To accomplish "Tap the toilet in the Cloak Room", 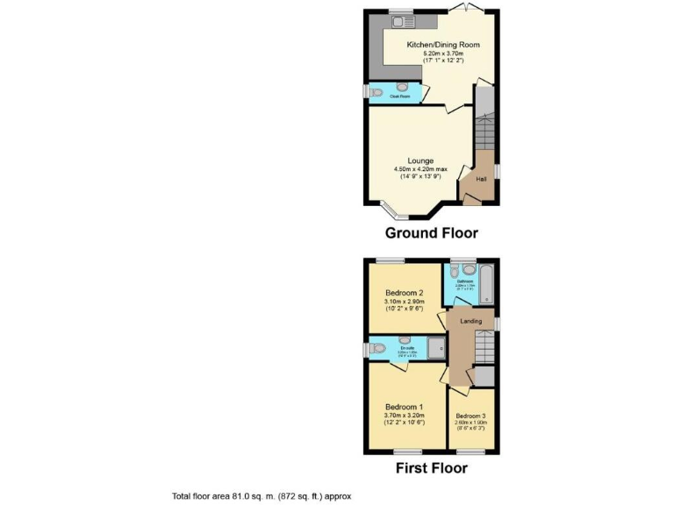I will (x=375, y=91).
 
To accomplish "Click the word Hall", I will (x=481, y=180).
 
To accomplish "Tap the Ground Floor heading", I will (x=432, y=233).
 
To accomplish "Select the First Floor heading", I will (x=432, y=467).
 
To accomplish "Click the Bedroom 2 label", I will (x=405, y=293).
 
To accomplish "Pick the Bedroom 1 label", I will (x=405, y=407).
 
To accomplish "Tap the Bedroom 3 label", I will (x=470, y=416).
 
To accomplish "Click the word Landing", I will (x=471, y=321).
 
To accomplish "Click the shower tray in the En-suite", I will (x=438, y=348).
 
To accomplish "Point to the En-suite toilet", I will (x=377, y=349).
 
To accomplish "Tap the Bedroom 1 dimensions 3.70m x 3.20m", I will (x=405, y=416).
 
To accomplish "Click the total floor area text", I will (x=262, y=496).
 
